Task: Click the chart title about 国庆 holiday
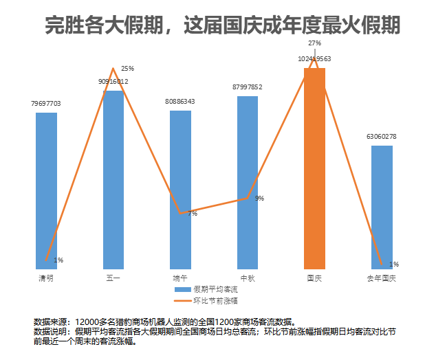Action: [x=222, y=25]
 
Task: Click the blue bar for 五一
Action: [x=113, y=179]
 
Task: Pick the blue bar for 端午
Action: [x=180, y=189]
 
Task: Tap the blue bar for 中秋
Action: [x=248, y=182]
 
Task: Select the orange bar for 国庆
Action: [x=314, y=168]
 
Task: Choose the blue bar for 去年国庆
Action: [x=382, y=207]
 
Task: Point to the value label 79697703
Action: [x=46, y=104]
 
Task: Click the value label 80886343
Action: [x=180, y=101]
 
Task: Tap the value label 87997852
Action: [x=248, y=87]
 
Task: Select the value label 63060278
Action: [x=382, y=136]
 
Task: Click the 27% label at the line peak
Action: [x=314, y=43]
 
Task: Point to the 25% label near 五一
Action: [x=127, y=69]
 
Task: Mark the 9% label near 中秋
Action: [x=259, y=199]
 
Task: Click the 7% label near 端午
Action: [x=193, y=214]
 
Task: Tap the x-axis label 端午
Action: [x=180, y=278]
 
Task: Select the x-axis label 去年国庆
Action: [x=382, y=278]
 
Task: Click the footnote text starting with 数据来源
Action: [x=165, y=322]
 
